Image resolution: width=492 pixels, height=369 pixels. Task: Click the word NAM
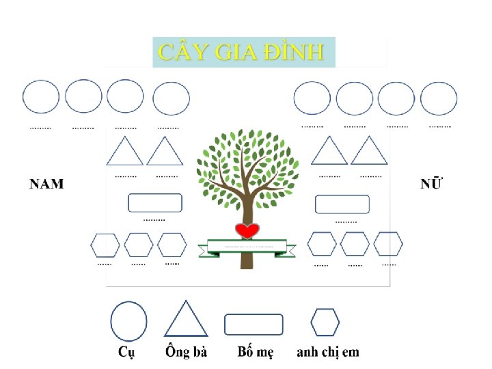[46, 184]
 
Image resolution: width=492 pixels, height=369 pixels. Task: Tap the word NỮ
[430, 183]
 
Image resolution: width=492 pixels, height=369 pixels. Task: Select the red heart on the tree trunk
[246, 230]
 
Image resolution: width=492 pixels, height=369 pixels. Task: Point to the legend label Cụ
[126, 353]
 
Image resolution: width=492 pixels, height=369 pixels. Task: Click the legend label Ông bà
[186, 353]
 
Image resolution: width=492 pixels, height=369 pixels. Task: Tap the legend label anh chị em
[327, 353]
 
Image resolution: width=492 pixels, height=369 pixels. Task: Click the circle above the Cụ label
[128, 321]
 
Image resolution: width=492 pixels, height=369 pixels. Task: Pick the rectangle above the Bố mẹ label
[254, 324]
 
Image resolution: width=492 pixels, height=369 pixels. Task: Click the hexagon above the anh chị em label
[325, 323]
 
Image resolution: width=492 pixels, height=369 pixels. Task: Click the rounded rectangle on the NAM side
[155, 203]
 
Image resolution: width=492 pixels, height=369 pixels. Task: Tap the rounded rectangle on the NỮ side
[342, 204]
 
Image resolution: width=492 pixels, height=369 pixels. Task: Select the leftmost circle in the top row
[41, 97]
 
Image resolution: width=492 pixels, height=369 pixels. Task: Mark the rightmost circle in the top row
[439, 98]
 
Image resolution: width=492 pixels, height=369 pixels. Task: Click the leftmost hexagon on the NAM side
[105, 245]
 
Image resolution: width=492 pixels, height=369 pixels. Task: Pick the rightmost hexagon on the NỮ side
[388, 244]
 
